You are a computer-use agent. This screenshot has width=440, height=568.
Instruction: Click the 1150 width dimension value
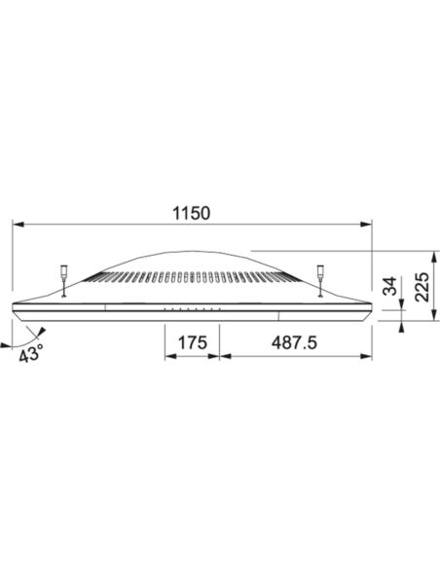(191, 213)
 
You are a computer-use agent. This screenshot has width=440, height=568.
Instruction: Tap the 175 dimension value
(193, 342)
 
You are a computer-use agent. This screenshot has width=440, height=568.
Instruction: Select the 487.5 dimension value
(294, 342)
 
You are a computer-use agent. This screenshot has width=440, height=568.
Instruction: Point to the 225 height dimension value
(422, 287)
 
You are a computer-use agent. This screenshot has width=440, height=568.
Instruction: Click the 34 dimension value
(390, 286)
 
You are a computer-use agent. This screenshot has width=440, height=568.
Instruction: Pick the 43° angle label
(31, 353)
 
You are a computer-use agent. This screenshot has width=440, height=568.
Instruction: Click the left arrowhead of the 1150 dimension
(18, 225)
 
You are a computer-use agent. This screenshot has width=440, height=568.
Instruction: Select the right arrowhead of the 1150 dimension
(366, 225)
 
